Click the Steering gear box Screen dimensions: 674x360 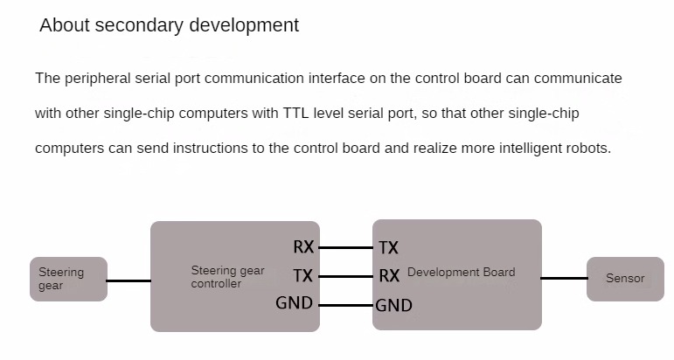click(x=68, y=280)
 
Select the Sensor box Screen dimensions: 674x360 click(x=625, y=280)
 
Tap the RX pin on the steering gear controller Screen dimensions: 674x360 click(x=303, y=247)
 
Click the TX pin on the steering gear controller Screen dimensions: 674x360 click(x=302, y=275)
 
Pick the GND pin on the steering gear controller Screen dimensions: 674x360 click(x=294, y=303)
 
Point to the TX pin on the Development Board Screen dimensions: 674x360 click(x=389, y=248)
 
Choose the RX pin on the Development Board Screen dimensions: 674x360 click(x=389, y=275)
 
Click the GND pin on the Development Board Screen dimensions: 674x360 click(x=393, y=306)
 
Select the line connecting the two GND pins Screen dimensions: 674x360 click(x=345, y=306)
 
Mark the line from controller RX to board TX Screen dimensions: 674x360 click(x=345, y=248)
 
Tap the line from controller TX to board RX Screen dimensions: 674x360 click(x=345, y=276)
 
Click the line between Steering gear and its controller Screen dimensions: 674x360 click(x=129, y=281)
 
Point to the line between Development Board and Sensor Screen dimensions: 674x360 click(x=564, y=279)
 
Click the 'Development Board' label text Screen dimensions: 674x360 click(x=462, y=273)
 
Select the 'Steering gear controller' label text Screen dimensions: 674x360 click(x=228, y=277)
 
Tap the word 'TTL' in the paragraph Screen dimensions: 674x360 click(x=295, y=114)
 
